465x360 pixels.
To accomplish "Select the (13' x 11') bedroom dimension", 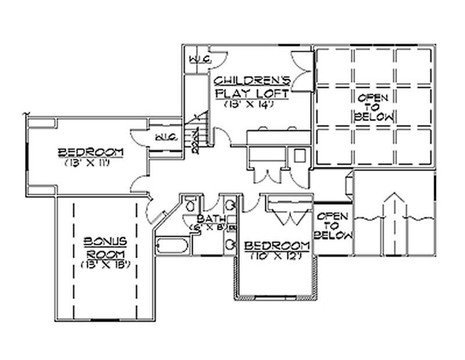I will click(x=91, y=163).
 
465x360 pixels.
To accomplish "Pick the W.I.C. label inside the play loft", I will click(x=199, y=60).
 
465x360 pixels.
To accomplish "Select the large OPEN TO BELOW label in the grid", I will click(x=374, y=106).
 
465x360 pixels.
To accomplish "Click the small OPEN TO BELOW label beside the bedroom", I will click(x=333, y=226).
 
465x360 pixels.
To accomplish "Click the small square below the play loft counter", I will click(x=299, y=156).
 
